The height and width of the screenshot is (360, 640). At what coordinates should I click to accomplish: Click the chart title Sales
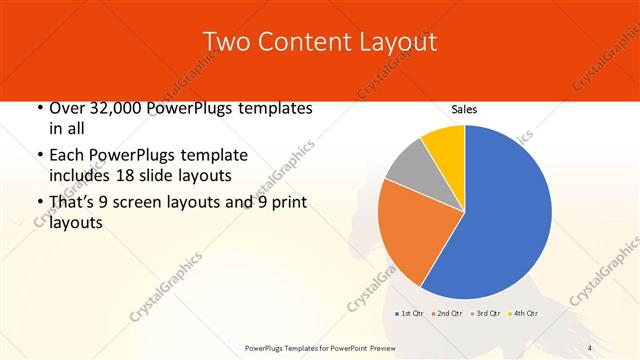click(463, 109)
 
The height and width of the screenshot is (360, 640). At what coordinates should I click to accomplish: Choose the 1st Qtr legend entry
click(410, 313)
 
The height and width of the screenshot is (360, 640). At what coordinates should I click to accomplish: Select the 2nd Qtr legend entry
click(447, 313)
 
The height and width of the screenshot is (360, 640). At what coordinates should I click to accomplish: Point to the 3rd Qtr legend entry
click(486, 313)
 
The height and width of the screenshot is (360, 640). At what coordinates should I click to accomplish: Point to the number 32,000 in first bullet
click(117, 108)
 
